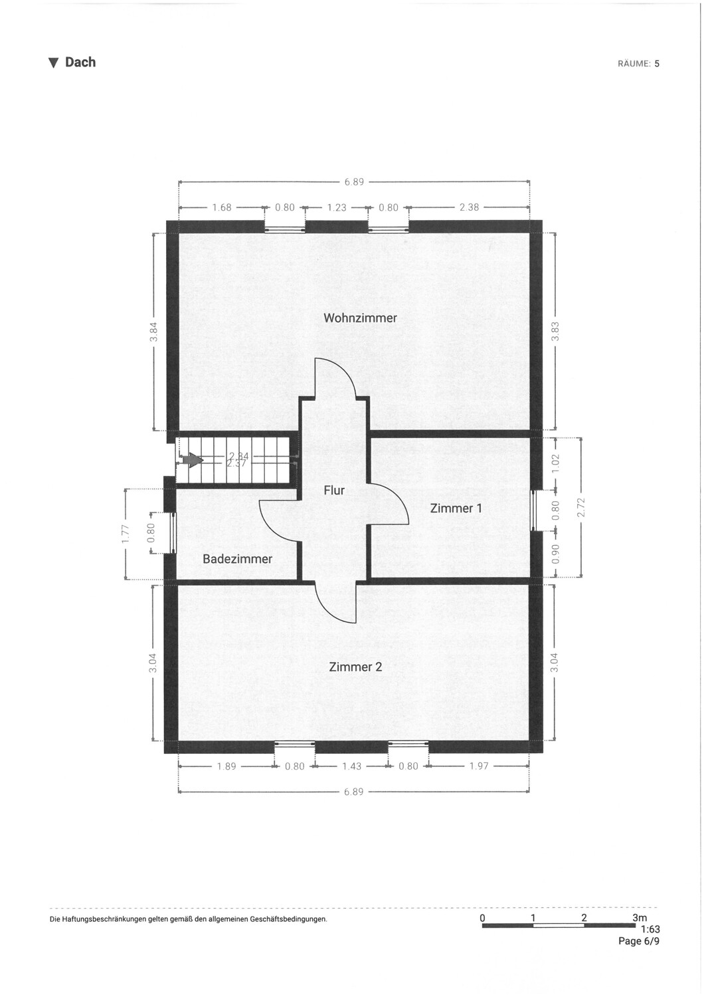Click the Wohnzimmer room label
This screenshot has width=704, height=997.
360,318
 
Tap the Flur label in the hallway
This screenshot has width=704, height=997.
334,490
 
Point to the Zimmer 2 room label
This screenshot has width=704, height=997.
355,666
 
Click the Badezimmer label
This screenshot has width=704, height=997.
237,559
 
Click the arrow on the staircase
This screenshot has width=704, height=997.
193,460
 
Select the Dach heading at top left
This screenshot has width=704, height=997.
73,62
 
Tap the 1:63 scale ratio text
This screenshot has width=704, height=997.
650,930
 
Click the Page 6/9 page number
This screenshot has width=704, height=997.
639,941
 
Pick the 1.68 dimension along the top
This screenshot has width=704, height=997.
221,207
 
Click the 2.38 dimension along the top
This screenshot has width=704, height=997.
469,207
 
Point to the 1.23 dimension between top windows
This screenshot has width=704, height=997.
337,207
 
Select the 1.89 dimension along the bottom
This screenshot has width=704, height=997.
226,766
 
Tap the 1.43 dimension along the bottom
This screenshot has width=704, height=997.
351,766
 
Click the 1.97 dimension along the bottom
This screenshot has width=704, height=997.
478,766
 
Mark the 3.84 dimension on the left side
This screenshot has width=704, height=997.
154,332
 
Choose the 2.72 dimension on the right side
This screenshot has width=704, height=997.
581,508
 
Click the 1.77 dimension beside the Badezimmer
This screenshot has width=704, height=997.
126,534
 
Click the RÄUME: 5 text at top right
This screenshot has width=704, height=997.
638,64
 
